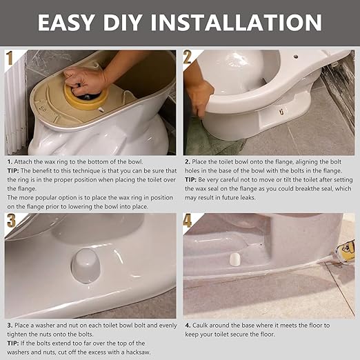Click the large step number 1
tap(10, 59)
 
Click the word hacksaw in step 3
tap(150, 352)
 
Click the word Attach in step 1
tap(27, 161)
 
